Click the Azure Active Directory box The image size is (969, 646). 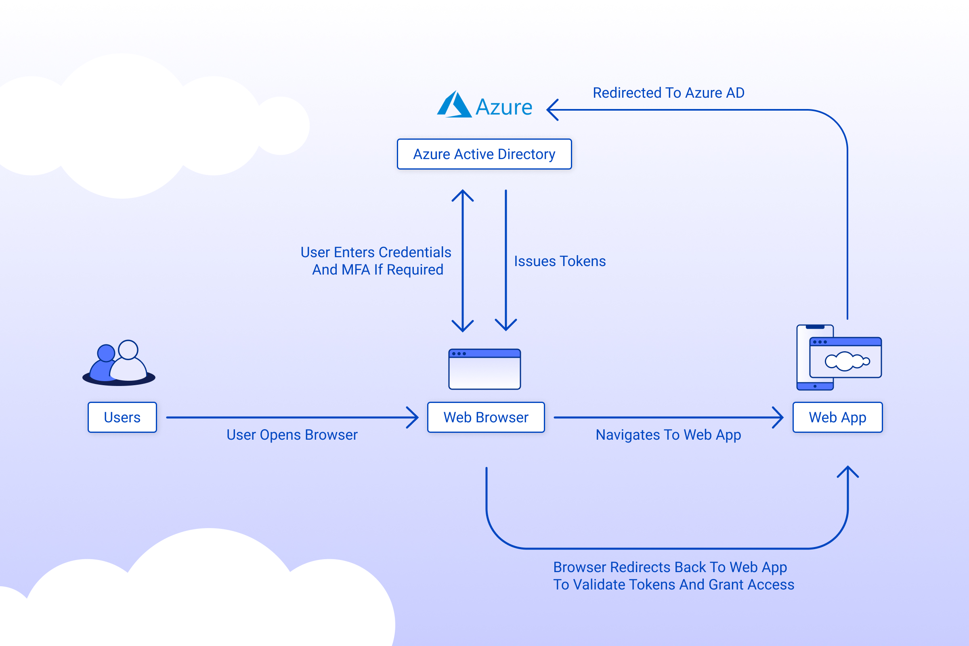[484, 154]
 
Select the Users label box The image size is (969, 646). [122, 417]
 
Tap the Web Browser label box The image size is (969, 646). [486, 417]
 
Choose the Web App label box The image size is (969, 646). [837, 417]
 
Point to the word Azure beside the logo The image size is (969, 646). [504, 107]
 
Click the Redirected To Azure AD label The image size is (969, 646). [668, 93]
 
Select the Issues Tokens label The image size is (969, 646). [560, 261]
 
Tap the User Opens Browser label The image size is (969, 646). [292, 435]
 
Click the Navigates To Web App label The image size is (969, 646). [668, 435]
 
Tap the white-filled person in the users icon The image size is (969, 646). [128, 363]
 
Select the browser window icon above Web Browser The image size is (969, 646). [484, 369]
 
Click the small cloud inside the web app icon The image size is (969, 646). [846, 361]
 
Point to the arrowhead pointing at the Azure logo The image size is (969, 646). [552, 109]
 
